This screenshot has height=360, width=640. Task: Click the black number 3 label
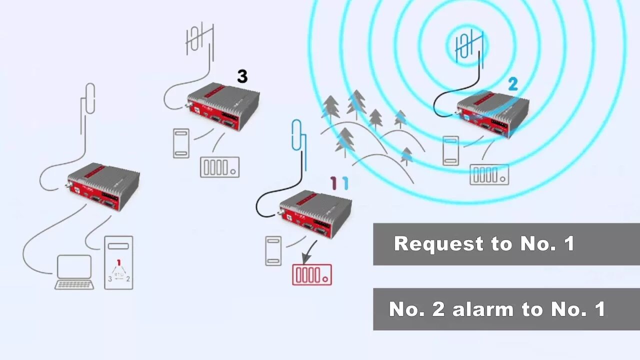(x=242, y=76)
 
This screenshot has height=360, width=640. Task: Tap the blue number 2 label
(x=512, y=84)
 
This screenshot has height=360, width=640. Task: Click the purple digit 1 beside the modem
(x=333, y=183)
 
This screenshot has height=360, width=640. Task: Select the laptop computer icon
(x=74, y=272)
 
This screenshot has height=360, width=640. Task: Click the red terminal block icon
(x=312, y=274)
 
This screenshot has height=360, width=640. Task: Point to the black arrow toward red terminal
(x=310, y=249)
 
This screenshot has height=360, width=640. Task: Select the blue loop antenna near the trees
(x=298, y=135)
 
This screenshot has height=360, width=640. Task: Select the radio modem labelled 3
(x=223, y=105)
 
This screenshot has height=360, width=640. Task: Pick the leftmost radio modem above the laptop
(x=103, y=185)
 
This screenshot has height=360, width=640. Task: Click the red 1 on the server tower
(x=118, y=262)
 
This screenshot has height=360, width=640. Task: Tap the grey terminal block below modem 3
(x=219, y=167)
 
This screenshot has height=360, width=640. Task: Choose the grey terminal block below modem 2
(x=489, y=174)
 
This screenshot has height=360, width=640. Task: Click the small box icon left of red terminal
(x=273, y=250)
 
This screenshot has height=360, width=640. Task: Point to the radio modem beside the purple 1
(x=315, y=213)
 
